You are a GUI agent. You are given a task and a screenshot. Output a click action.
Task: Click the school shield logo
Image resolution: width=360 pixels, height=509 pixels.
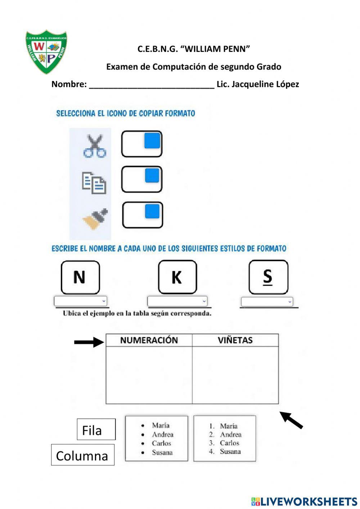click(x=46, y=52)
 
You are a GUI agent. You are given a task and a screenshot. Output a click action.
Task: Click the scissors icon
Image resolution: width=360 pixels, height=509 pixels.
click(x=94, y=146)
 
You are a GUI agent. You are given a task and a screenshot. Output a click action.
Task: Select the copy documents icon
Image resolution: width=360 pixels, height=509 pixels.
click(x=94, y=183)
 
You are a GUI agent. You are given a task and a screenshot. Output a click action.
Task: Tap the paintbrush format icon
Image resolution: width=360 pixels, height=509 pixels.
click(x=95, y=219)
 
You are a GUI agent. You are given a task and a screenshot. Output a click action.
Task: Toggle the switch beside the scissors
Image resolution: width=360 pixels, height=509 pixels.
click(x=142, y=144)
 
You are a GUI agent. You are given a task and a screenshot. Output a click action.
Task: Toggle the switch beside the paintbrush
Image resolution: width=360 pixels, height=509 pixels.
click(x=143, y=215)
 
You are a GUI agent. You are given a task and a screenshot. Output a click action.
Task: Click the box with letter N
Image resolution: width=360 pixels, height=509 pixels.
click(x=80, y=277)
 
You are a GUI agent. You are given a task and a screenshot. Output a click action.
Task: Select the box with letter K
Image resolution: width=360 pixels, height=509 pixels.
click(x=177, y=277)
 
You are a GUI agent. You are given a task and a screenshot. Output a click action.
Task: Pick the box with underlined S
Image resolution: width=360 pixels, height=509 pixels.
click(x=268, y=277)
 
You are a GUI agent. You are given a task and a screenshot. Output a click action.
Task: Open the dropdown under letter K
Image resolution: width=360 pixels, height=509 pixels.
click(x=177, y=301)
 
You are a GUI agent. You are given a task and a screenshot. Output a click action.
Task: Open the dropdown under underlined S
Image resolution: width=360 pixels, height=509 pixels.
click(x=267, y=302)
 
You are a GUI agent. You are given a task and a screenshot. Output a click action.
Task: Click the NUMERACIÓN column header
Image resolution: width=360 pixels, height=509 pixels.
click(x=149, y=340)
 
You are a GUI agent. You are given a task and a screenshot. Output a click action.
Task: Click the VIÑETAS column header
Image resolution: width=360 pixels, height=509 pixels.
click(x=235, y=340)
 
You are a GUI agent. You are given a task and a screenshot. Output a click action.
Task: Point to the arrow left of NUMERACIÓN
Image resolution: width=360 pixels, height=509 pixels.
click(x=89, y=342)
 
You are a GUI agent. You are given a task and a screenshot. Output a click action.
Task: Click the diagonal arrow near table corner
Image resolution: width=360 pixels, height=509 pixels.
click(x=292, y=420)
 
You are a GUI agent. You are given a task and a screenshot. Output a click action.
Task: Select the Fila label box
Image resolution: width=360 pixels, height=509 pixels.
click(x=96, y=429)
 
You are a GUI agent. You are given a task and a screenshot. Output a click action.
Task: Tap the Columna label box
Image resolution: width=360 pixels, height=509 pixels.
click(x=82, y=455)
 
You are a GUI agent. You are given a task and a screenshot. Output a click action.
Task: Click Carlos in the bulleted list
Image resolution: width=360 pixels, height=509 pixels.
click(x=161, y=443)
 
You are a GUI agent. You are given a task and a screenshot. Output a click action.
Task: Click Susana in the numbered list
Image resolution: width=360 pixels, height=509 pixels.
click(x=230, y=452)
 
